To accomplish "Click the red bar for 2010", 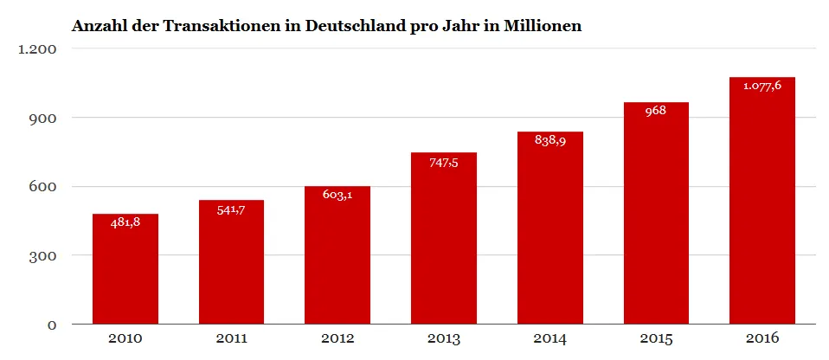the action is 125,268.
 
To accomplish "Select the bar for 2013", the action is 444,238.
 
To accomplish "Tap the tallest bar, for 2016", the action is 762,201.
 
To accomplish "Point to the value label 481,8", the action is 125,223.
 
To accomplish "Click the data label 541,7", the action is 232,209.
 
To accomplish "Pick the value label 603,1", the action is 337,195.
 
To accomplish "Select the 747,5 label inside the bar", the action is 444,163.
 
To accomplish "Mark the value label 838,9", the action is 550,140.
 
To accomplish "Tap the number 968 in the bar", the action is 656,111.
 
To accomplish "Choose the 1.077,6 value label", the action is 762,87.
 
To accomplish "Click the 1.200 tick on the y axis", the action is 37,49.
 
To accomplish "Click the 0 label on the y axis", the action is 52,325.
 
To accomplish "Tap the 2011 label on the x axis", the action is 232,338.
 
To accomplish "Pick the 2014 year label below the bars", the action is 550,338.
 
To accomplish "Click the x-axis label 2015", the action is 656,338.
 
